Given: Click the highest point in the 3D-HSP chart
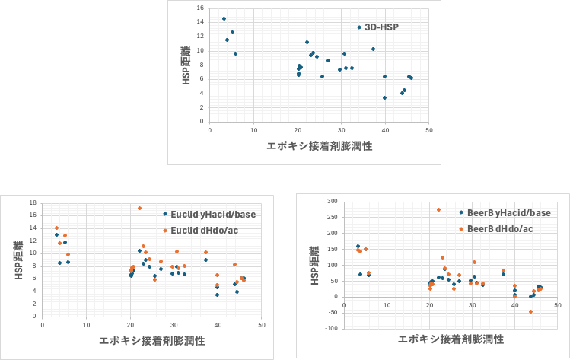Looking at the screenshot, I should (x=224, y=18).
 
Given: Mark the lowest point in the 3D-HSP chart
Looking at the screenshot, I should (x=384, y=97).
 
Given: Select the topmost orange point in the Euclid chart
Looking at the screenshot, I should (x=139, y=208).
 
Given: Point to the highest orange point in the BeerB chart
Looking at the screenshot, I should (x=438, y=209).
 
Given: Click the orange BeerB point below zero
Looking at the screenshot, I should (x=530, y=311).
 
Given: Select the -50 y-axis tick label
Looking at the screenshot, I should (x=332, y=313).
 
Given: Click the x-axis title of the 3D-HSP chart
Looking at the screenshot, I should (x=319, y=145).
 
